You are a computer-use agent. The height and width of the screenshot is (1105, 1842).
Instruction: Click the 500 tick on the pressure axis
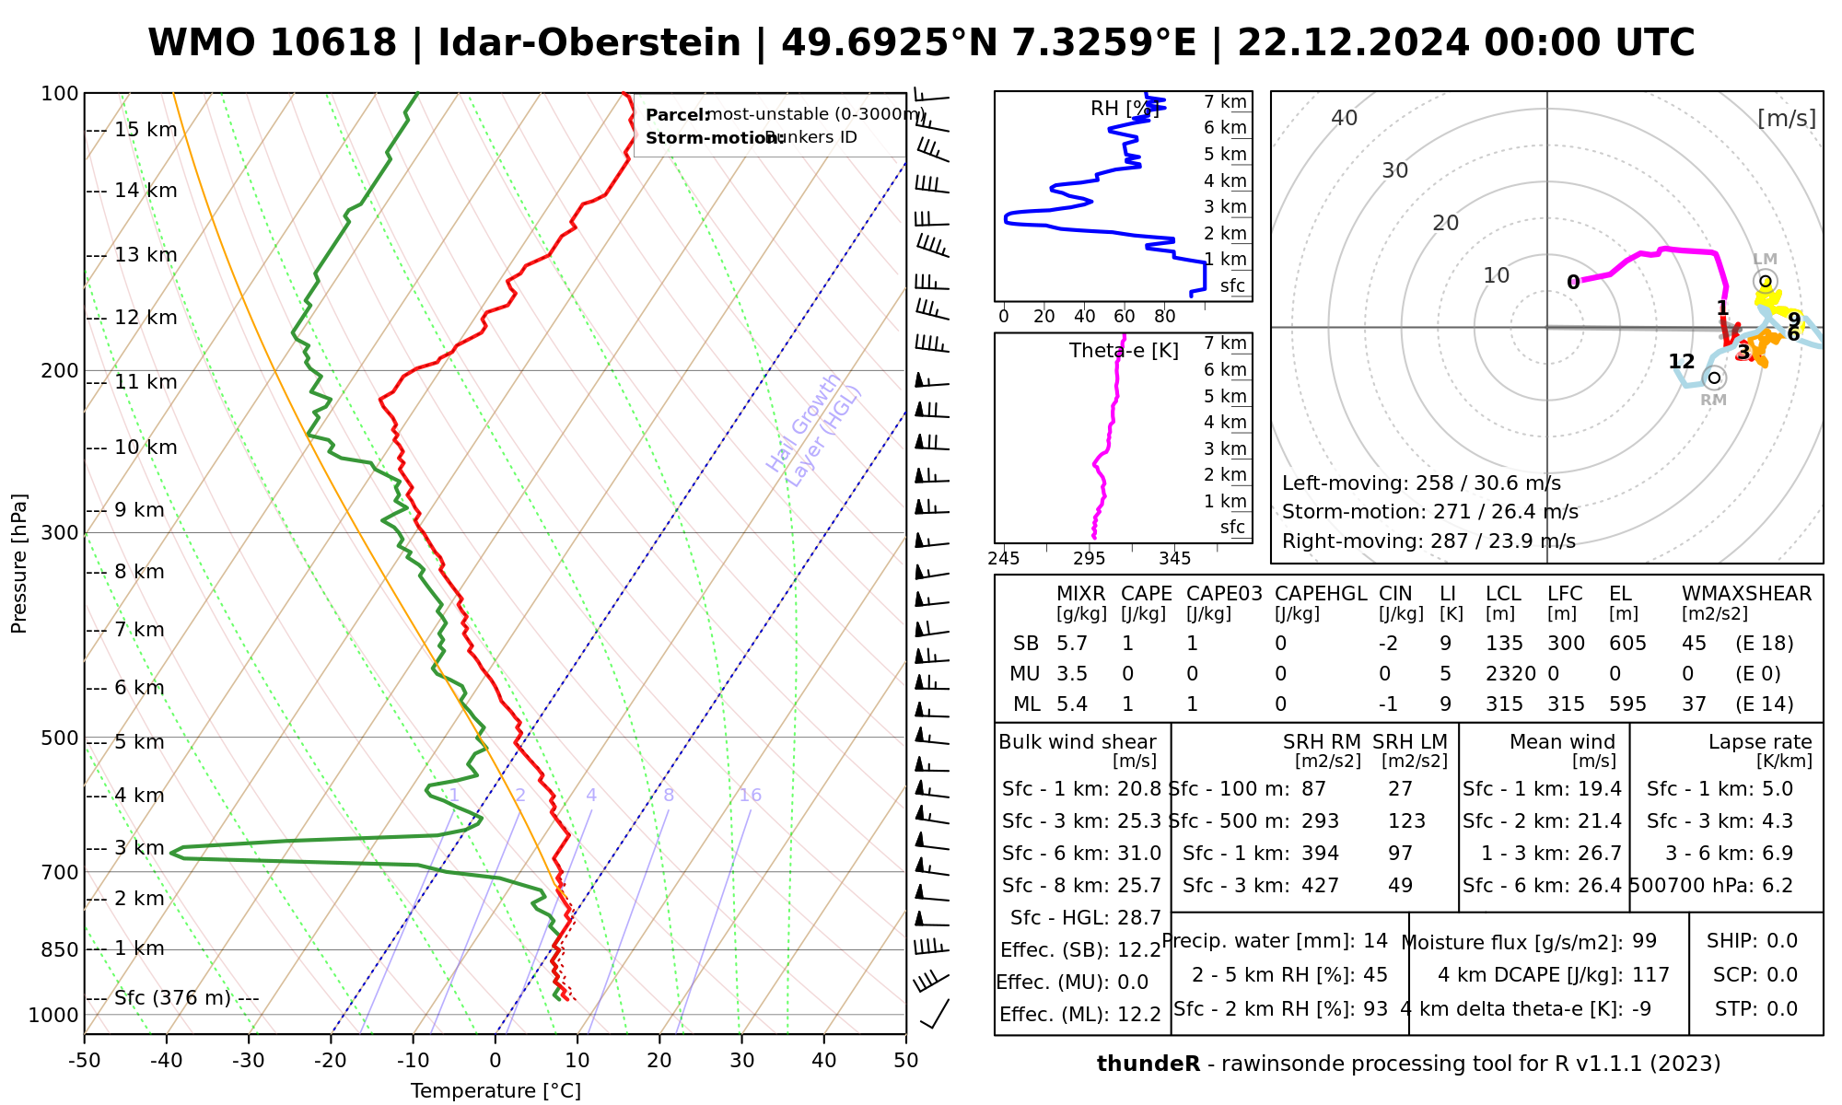pos(59,739)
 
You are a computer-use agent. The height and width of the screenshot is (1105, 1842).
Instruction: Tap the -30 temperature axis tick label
pos(249,1061)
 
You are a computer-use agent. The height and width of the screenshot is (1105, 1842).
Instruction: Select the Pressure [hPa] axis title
pos(19,564)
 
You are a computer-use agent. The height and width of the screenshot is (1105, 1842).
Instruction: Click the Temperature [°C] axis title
pos(495,1091)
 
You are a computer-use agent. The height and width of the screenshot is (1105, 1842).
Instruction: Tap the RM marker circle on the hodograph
pos(1714,378)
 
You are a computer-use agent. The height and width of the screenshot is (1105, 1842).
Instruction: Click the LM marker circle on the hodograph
pos(1766,282)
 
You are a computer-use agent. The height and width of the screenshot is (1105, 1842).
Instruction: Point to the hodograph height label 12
pos(1682,362)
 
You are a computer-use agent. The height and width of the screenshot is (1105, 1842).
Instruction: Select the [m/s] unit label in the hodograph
pos(1787,119)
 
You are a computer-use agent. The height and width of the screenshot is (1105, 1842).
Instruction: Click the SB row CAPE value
pos(1127,644)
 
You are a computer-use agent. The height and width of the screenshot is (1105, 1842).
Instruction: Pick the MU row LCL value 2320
pos(1510,674)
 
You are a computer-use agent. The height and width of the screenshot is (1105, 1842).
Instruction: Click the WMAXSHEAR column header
pos(1746,594)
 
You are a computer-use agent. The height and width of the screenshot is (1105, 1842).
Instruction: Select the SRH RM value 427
pos(1320,886)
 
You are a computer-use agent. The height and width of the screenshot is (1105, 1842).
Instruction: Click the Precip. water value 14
pos(1375,941)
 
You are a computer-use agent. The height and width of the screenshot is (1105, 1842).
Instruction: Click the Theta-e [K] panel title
pos(1124,351)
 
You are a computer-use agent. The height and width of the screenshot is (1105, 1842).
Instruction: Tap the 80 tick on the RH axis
pos(1165,317)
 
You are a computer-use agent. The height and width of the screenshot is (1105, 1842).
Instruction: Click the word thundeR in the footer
pos(1148,1064)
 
